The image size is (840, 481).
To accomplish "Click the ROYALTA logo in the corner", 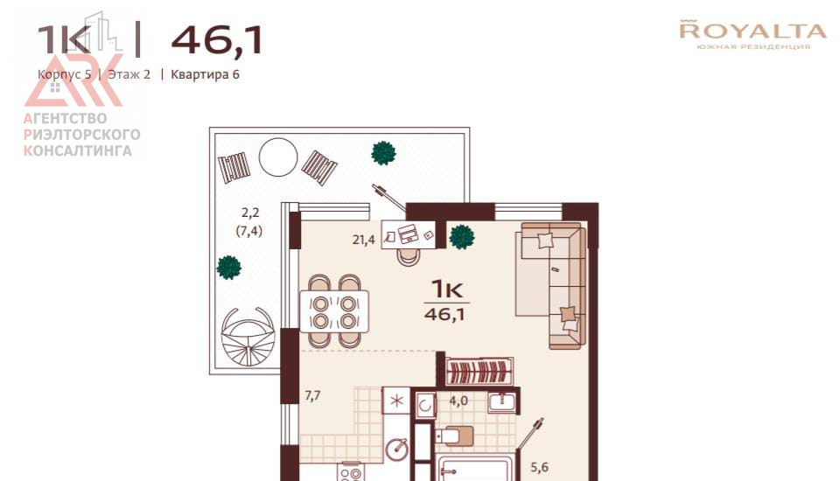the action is [752, 34].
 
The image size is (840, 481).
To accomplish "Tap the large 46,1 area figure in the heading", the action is [217, 40].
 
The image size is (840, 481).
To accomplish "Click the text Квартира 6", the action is [205, 74].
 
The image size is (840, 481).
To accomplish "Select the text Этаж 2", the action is [129, 74].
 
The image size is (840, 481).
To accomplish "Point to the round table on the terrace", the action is [278, 157].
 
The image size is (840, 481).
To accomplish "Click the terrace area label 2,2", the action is [250, 213].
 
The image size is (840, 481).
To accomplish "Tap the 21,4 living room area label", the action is [363, 240].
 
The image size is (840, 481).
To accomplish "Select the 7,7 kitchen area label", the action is [313, 396].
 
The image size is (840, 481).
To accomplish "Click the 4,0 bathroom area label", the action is [458, 401].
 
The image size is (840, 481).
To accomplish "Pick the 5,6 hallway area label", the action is [540, 467].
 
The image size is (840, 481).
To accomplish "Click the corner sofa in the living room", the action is [550, 285].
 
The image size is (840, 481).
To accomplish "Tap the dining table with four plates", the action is [334, 311].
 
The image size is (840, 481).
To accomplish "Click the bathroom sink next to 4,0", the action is [502, 403].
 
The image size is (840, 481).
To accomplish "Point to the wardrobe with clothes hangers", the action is [479, 371].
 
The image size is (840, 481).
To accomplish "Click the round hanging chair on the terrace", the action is [248, 336].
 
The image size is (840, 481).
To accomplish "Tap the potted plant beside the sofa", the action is [461, 237].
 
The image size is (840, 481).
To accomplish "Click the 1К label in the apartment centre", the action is [447, 289].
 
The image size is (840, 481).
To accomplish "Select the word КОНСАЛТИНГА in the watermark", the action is [78, 151].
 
